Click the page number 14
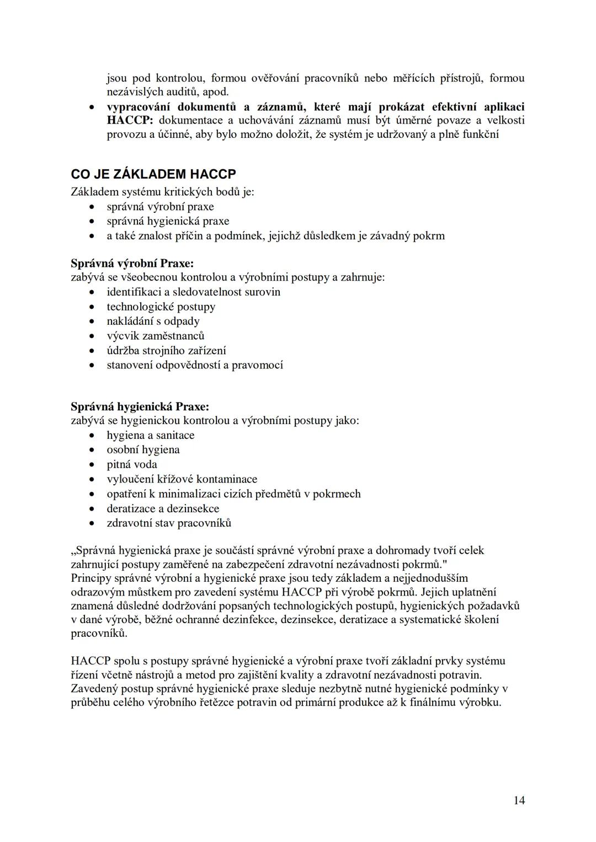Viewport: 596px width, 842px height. pos(519,800)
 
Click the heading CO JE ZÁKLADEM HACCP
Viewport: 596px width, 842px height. pos(153,174)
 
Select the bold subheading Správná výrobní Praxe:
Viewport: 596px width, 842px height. pos(132,263)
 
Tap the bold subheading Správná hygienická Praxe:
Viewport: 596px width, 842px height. pos(140,406)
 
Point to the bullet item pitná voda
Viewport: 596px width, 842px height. pos(132,464)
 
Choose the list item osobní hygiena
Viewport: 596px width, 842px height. pos(143,449)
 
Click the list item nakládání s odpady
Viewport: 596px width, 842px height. pos(153,321)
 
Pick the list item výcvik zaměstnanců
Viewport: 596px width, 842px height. pos(156,335)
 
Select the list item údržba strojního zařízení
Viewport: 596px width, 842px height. pos(166,350)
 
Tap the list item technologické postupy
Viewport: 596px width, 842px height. pos(161,307)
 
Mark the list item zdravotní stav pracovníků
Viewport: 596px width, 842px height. pos(169,523)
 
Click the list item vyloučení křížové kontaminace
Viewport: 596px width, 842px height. pos(182,479)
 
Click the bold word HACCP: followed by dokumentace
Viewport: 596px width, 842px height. pos(130,120)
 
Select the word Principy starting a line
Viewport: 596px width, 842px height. pos(90,578)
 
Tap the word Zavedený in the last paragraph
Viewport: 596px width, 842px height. pos(94,688)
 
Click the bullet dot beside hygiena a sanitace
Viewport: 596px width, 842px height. pos(92,436)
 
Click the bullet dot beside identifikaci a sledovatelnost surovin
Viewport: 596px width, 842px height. pos(92,292)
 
